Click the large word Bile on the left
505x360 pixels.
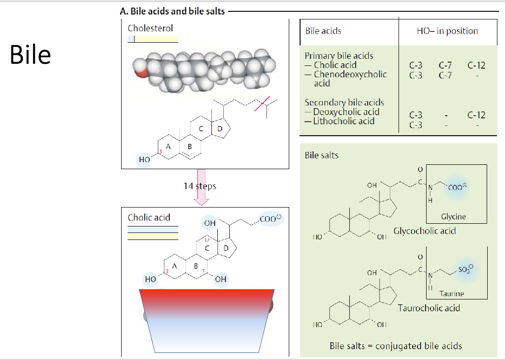pyautogui.click(x=30, y=55)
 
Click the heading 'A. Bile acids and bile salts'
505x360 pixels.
pyautogui.click(x=172, y=11)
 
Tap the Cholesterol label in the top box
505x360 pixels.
pyautogui.click(x=150, y=28)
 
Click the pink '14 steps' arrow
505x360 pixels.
pyautogui.click(x=201, y=188)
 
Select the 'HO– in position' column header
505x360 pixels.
pyautogui.click(x=447, y=31)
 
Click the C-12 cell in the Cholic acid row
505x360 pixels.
pyautogui.click(x=476, y=65)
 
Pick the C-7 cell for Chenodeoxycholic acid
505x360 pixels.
pyautogui.click(x=445, y=75)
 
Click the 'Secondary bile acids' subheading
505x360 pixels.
pyautogui.click(x=344, y=102)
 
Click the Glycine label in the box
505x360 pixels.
pyautogui.click(x=454, y=217)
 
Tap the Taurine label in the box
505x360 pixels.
pyautogui.click(x=451, y=294)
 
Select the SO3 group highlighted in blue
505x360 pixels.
pyautogui.click(x=466, y=269)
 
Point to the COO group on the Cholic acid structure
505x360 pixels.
pyautogui.click(x=270, y=218)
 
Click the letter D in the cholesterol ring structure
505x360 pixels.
pyautogui.click(x=220, y=129)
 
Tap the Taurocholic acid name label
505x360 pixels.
pyautogui.click(x=429, y=308)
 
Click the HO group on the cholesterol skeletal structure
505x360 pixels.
pyautogui.click(x=144, y=159)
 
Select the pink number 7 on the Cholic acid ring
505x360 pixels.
pyautogui.click(x=203, y=271)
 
